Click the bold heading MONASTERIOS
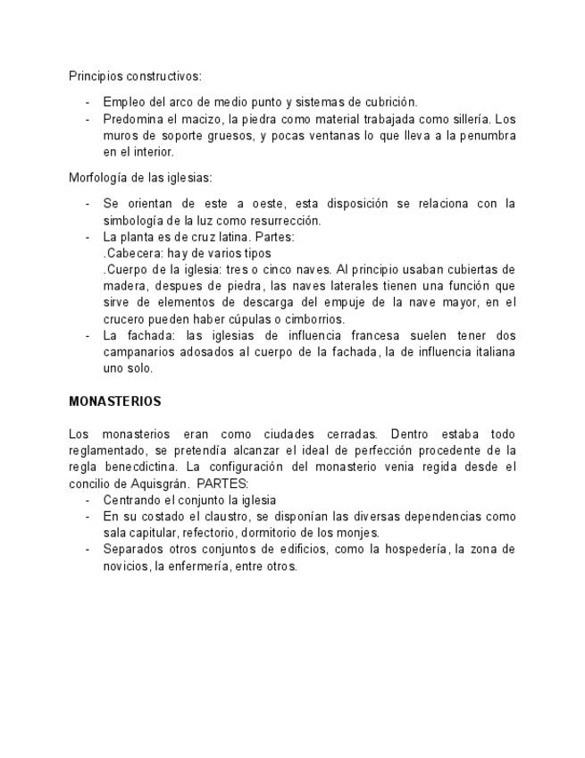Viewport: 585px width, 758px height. tap(114, 401)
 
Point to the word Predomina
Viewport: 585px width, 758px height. tap(131, 118)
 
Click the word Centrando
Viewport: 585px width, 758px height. tap(132, 500)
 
